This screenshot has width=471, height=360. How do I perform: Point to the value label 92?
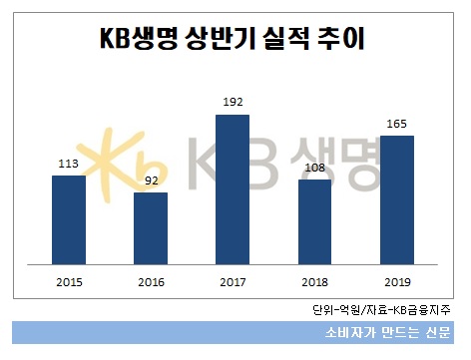pyautogui.click(x=150, y=181)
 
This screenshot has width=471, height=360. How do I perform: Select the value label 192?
pyautogui.click(x=232, y=104)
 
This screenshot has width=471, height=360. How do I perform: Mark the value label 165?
pyautogui.click(x=397, y=126)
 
